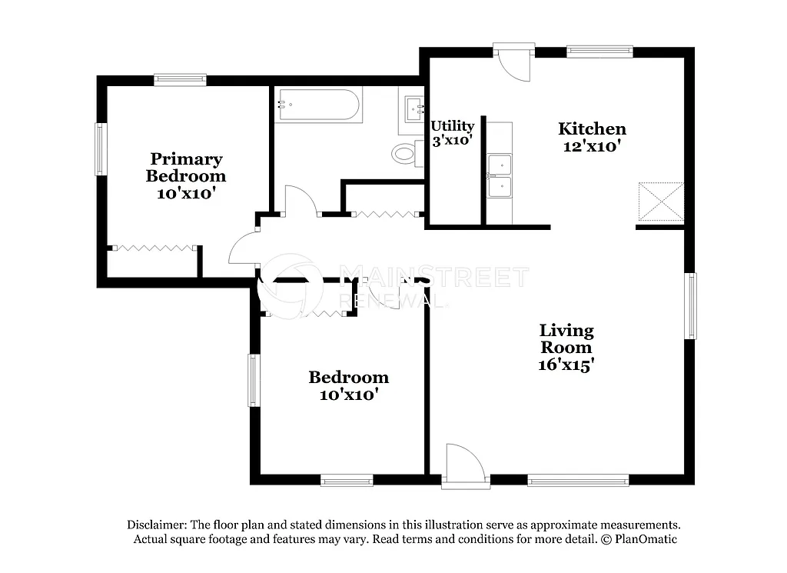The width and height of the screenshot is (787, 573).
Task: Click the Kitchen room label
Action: click(592, 128)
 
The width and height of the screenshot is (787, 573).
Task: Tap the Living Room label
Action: click(566, 338)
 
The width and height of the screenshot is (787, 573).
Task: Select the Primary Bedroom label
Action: click(186, 167)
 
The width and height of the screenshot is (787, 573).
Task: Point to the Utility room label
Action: click(452, 126)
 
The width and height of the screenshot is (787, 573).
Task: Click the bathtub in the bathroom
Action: click(318, 105)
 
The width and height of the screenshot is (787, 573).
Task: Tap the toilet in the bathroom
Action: click(405, 153)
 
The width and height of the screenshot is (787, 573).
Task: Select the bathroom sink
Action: click(413, 106)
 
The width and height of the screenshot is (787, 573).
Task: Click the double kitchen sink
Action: click(500, 176)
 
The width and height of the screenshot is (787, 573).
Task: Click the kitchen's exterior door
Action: click(511, 62)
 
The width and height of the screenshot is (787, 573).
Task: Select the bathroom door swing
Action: click(300, 199)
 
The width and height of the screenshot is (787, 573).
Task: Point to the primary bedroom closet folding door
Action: click(154, 248)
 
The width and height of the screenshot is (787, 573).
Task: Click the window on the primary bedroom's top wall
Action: click(180, 78)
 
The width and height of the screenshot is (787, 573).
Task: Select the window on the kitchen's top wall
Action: click(599, 52)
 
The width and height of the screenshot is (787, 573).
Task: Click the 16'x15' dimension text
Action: click(566, 365)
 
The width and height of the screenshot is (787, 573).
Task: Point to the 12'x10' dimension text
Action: click(592, 146)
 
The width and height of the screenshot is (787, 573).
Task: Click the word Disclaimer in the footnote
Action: click(157, 524)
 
